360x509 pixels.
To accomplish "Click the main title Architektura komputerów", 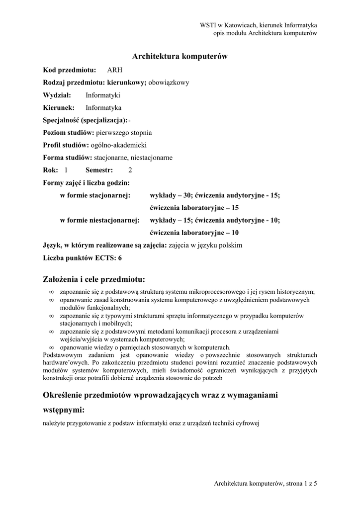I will [180, 57].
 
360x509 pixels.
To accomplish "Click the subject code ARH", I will [114, 70].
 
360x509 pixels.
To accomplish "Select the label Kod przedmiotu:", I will [70, 70].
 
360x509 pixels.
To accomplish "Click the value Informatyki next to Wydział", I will [103, 95].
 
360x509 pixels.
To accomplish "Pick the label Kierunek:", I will [59, 107].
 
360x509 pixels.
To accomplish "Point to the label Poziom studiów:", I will [69, 133].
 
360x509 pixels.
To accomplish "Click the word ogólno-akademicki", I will [119, 145].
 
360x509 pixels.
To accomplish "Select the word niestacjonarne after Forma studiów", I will [152, 158].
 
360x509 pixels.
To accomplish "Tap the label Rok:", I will [51, 170].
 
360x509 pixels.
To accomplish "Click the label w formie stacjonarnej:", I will [95, 195].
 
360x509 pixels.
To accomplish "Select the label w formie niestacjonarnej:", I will [100, 220].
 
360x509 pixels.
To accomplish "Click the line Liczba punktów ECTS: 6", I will [83, 258].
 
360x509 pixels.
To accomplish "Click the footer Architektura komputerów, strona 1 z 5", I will [265, 483].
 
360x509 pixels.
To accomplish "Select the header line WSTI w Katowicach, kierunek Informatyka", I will [259, 25].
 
